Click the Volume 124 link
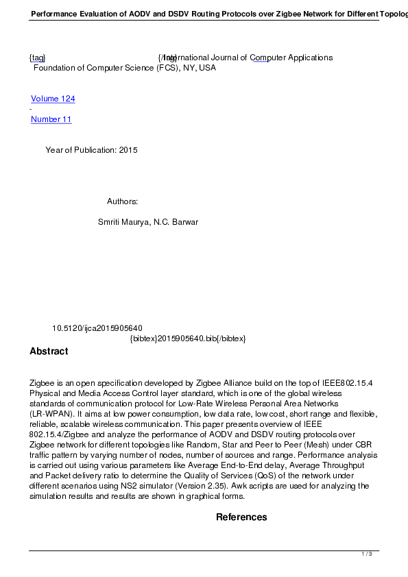[x=53, y=99]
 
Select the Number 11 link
[x=51, y=119]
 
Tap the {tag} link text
[x=37, y=58]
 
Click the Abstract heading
[x=49, y=352]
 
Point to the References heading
[x=241, y=517]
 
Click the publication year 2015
[x=128, y=150]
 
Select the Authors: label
[x=123, y=201]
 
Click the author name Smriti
[x=111, y=222]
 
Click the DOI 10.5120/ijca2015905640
[x=97, y=329]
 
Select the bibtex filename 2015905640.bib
[x=187, y=339]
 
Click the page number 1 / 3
[x=367, y=554]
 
